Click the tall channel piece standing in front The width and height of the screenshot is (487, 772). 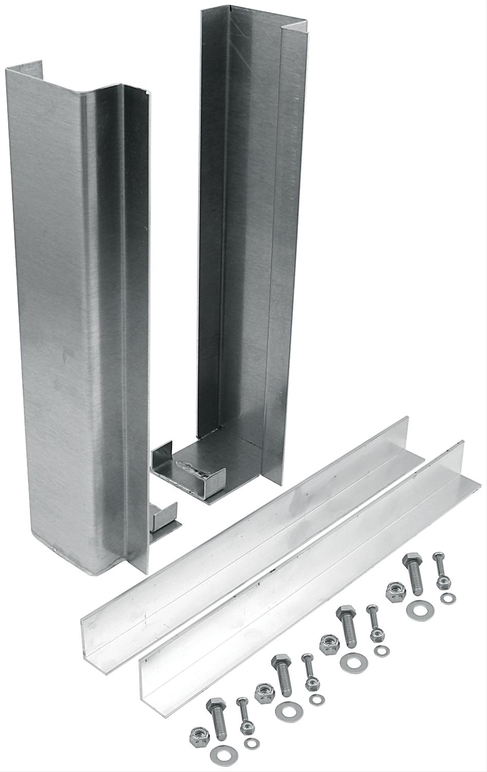coord(77,309)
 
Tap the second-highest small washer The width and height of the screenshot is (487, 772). coord(381,651)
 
